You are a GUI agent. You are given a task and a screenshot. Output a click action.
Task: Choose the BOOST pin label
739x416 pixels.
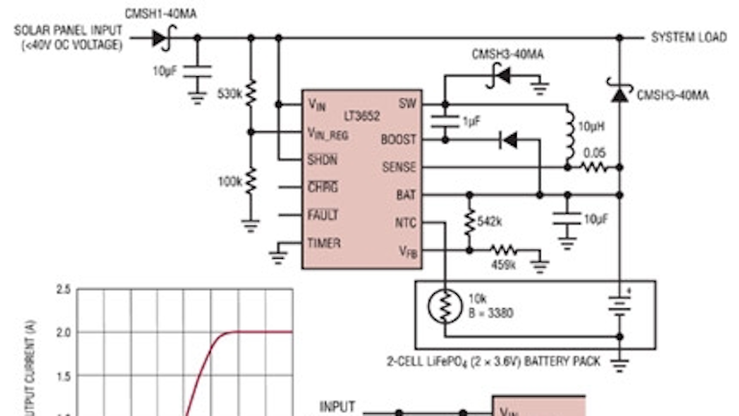coord(398,140)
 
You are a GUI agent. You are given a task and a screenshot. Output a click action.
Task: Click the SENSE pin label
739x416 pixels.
coord(398,168)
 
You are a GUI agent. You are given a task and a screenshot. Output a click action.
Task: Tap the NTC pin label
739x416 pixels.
coord(404,223)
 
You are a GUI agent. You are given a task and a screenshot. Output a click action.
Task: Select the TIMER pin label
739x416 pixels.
coord(323,244)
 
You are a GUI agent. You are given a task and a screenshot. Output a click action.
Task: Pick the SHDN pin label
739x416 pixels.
coord(322,160)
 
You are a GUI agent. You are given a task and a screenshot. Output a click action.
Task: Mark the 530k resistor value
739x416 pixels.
coord(230,94)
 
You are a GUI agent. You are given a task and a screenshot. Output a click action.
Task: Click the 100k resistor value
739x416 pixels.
coord(230,181)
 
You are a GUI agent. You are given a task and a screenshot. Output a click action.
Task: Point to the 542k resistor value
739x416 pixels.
coord(490,221)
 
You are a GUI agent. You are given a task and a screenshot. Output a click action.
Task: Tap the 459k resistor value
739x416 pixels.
coord(505,264)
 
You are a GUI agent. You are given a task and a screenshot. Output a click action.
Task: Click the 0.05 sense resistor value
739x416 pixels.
coord(596,152)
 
